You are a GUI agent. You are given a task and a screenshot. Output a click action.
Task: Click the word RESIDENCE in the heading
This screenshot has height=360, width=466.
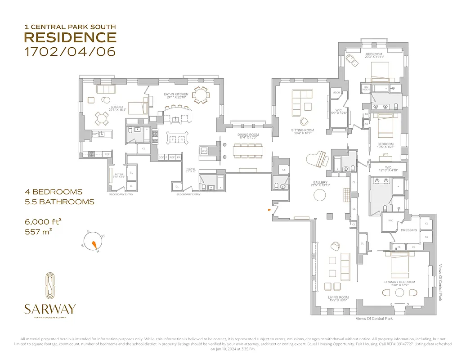tap(70, 37)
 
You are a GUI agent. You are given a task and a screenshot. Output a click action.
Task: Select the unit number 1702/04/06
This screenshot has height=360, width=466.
tap(70, 51)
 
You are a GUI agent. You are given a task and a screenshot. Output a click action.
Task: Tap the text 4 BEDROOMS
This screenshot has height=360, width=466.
tap(54, 192)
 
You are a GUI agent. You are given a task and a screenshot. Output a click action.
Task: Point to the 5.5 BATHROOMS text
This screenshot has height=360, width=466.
tap(59, 202)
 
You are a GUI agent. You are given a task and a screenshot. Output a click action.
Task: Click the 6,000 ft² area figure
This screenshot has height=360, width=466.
tap(43, 221)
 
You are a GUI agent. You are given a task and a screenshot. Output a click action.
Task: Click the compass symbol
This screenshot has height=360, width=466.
tap(94, 243)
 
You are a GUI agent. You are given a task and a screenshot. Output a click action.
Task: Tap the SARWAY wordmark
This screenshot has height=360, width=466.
tap(49, 309)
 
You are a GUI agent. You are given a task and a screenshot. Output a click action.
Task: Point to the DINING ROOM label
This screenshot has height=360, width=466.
tap(248, 135)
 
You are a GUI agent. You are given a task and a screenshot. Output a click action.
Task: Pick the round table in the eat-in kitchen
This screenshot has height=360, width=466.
tap(201, 94)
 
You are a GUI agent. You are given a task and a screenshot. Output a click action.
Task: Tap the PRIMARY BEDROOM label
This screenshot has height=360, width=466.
tap(399, 282)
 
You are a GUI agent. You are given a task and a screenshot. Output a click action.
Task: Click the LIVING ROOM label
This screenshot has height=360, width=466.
tap(338, 297)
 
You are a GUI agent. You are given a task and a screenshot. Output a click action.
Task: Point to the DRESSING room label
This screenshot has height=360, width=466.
tap(409, 230)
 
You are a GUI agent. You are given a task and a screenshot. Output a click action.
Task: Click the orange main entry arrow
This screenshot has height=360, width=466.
tap(269, 210)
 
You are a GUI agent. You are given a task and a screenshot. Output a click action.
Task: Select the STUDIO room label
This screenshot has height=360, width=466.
tap(117, 107)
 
